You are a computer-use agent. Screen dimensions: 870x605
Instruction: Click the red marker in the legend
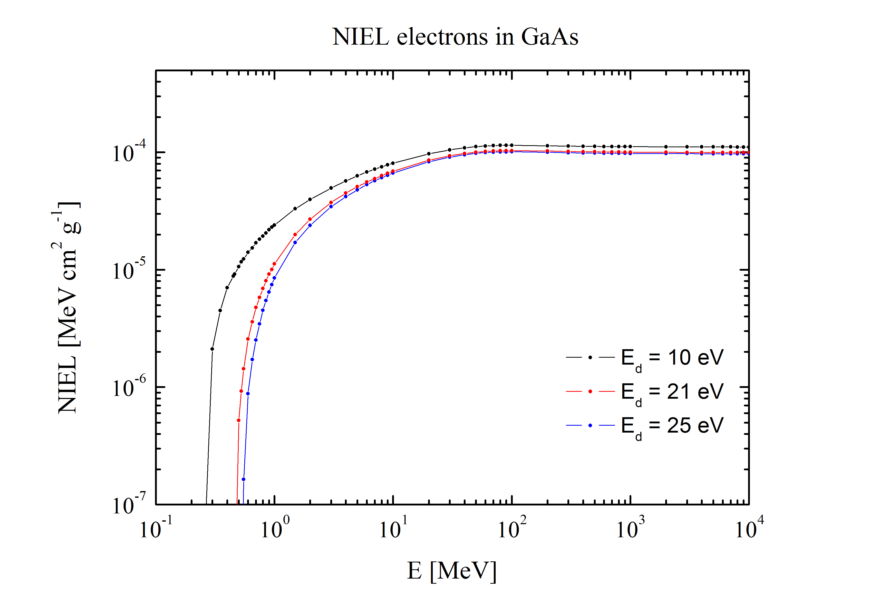click(590, 391)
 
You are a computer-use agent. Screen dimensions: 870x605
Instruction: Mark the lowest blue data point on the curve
click(243, 479)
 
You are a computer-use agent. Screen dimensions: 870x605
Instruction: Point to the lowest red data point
click(238, 420)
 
